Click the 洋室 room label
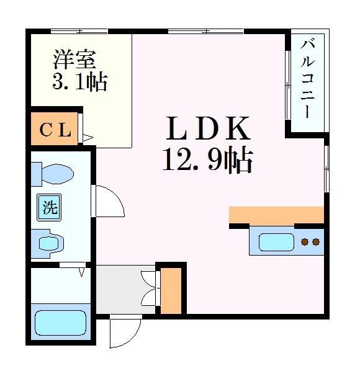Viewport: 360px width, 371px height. (74, 60)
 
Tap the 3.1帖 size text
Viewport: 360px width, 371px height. (79, 81)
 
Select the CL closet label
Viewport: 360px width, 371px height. (56, 130)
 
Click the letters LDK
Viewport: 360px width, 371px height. (207, 129)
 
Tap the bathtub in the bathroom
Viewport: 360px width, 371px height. (60, 323)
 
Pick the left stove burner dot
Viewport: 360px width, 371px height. (305, 241)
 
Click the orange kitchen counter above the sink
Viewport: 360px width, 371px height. (276, 215)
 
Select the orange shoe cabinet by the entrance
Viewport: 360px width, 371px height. (171, 290)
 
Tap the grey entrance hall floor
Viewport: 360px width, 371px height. (124, 289)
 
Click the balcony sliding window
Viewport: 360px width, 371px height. (288, 84)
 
